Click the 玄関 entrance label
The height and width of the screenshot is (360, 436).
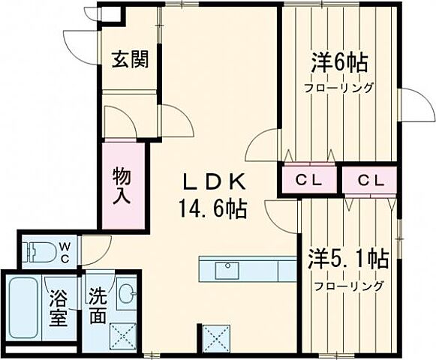[129, 59]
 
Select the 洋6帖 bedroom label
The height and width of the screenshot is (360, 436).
[340, 63]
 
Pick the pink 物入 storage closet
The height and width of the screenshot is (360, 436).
[123, 185]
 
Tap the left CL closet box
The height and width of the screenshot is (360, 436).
[308, 181]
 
